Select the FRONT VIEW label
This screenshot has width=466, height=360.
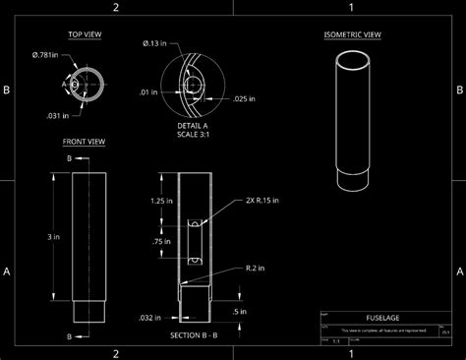(84, 142)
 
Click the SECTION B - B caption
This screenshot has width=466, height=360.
(193, 336)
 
